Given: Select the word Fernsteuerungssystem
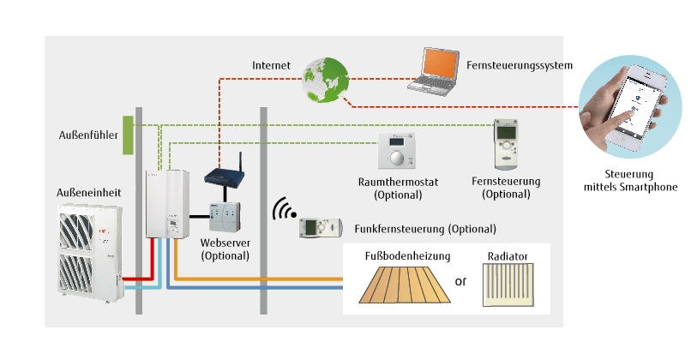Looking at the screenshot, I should pyautogui.click(x=520, y=65).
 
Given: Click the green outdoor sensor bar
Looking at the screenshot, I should pyautogui.click(x=128, y=135).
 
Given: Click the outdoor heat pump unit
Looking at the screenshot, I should pyautogui.click(x=89, y=252).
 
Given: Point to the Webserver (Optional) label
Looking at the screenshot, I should pyautogui.click(x=225, y=249).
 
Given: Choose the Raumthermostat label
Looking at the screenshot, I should pyautogui.click(x=398, y=182).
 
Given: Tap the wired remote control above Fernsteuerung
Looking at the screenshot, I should pyautogui.click(x=506, y=144).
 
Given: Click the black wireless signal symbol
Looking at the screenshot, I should pyautogui.click(x=281, y=211).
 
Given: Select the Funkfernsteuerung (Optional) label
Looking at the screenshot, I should pyautogui.click(x=424, y=229).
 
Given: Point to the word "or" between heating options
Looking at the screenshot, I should pyautogui.click(x=460, y=281).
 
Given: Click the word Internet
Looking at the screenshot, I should pyautogui.click(x=272, y=65).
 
